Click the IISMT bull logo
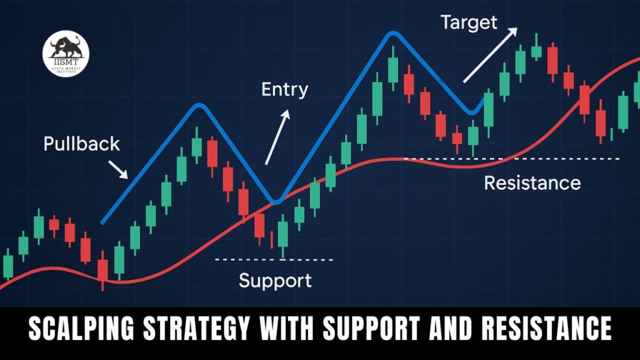pyautogui.click(x=66, y=55)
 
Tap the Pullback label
pyautogui.click(x=81, y=144)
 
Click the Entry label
pyautogui.click(x=285, y=89)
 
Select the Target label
pyautogui.click(x=469, y=22)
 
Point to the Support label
pyautogui.click(x=275, y=280)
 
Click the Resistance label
pyautogui.click(x=532, y=183)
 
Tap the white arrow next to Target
pyautogui.click(x=489, y=54)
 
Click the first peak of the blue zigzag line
pyautogui.click(x=199, y=106)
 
